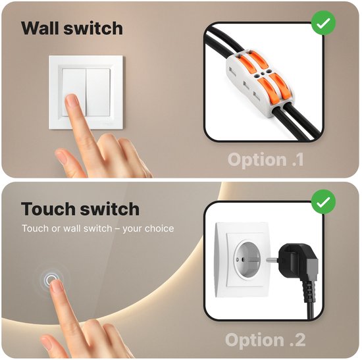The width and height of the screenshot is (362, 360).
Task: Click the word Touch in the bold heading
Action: tap(49, 209)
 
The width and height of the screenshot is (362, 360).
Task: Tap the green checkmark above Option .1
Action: tap(323, 23)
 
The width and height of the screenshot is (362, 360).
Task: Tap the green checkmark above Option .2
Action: tap(323, 202)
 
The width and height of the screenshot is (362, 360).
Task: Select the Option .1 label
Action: tap(266, 159)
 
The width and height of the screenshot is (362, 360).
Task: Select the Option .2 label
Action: tap(265, 340)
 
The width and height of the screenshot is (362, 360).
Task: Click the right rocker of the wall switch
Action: tap(98, 92)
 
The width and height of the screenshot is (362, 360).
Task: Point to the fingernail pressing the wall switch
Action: tap(72, 101)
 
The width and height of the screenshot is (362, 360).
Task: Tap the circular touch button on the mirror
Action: tap(51, 280)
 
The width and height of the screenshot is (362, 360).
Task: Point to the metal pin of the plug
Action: tap(272, 259)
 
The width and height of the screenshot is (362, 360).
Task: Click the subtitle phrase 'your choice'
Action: tap(148, 228)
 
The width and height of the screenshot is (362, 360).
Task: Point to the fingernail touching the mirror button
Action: tap(57, 285)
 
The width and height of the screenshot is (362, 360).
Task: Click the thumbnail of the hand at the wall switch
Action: tap(62, 157)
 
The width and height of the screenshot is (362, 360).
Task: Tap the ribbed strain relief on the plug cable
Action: tap(308, 292)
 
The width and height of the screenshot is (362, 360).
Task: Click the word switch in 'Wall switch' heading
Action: tap(93, 28)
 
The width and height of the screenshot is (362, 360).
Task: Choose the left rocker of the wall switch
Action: tap(74, 92)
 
